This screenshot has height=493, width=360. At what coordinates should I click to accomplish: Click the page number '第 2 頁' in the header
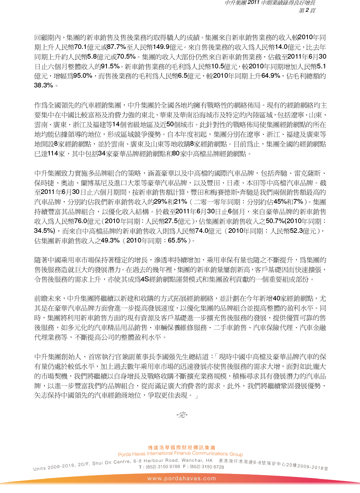pos(307,10)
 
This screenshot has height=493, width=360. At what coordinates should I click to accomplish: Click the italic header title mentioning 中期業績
pos(270,3)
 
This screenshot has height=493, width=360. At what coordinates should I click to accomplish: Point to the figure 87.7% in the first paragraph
pos(117,47)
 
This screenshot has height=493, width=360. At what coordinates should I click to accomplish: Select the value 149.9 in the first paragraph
pos(161,47)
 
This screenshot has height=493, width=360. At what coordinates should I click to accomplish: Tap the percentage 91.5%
pos(110,66)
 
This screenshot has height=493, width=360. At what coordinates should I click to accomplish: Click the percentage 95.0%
pos(83,76)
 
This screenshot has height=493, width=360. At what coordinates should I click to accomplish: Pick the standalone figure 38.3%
pos(44,85)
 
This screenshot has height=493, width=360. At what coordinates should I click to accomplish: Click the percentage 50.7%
pos(275,221)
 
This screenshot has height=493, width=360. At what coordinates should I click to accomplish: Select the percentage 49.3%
pos(110,240)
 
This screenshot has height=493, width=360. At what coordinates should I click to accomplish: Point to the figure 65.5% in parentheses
pos(177,240)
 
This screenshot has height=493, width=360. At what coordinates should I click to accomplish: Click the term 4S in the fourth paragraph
pos(145,279)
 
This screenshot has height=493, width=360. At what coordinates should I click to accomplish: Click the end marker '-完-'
pos(182,415)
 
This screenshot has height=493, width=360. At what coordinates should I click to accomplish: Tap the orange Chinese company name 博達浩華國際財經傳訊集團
pos(181,448)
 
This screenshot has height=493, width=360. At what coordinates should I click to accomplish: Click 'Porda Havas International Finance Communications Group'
pos(180,454)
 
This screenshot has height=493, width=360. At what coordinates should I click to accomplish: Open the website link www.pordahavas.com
pos(181,478)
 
